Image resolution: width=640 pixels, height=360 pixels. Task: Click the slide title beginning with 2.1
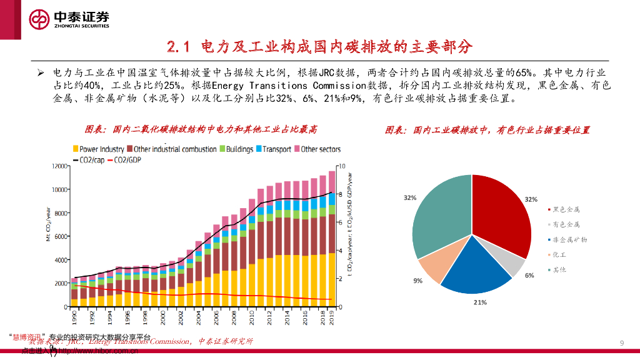click(319, 46)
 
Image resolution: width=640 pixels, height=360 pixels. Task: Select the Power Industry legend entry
click(99, 149)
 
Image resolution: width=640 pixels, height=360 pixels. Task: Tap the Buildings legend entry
click(236, 149)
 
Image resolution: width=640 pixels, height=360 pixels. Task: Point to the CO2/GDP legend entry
click(124, 160)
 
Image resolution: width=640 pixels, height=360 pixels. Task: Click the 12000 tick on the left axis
click(58, 166)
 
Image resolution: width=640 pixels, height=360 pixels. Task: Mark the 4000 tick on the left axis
click(60, 260)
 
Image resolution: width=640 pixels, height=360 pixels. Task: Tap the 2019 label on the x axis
click(331, 320)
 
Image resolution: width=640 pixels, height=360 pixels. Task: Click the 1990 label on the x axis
click(74, 320)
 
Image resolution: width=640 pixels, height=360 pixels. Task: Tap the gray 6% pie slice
click(514, 266)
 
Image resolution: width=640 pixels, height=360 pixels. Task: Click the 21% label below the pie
click(480, 302)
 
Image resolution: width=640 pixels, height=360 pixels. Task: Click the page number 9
click(621, 342)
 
